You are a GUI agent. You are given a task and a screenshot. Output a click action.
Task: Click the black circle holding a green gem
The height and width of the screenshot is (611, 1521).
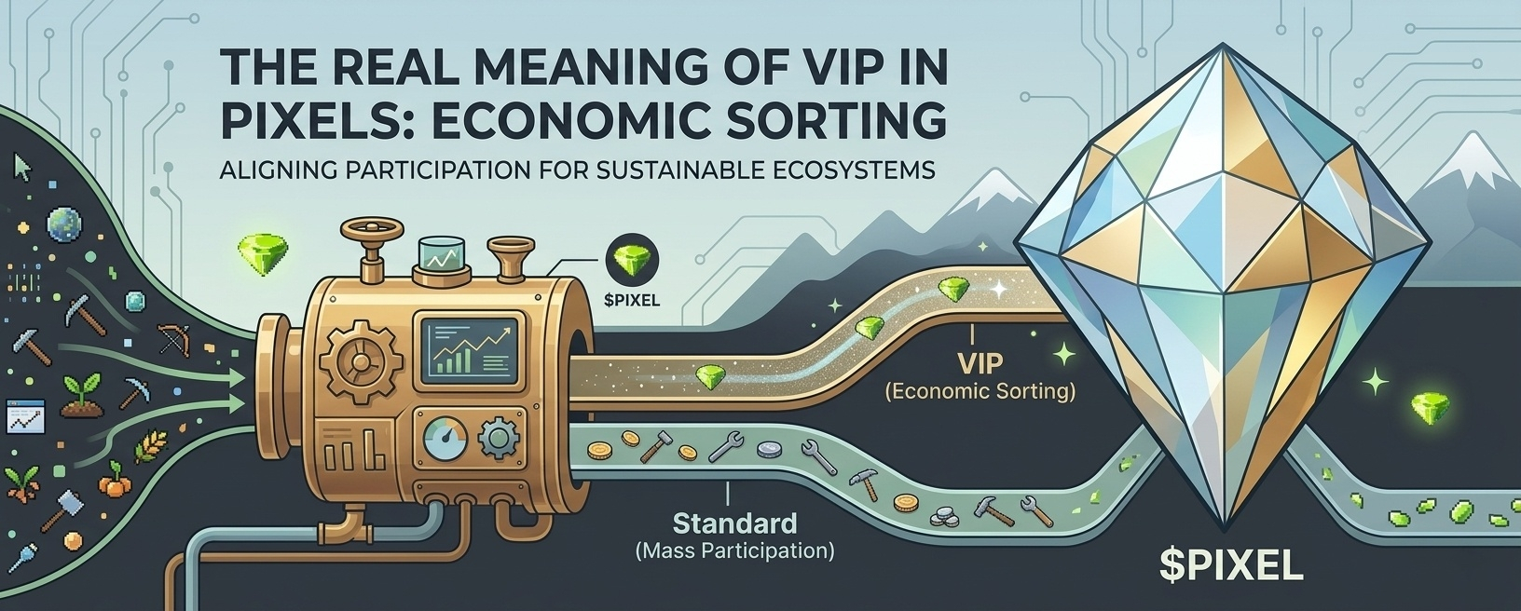pyautogui.click(x=631, y=258)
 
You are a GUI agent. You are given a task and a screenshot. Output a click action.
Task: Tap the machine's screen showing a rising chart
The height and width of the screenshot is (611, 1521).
pyautogui.click(x=470, y=349)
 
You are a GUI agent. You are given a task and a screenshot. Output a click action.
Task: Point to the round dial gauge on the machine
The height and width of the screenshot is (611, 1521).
pyautogui.click(x=445, y=439)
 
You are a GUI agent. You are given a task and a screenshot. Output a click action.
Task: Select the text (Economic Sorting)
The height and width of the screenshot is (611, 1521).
pyautogui.click(x=979, y=391)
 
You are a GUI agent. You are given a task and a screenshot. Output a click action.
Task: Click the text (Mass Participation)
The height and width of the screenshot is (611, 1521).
pyautogui.click(x=734, y=550)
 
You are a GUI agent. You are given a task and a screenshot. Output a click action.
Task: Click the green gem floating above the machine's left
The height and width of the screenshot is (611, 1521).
pyautogui.click(x=263, y=247)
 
